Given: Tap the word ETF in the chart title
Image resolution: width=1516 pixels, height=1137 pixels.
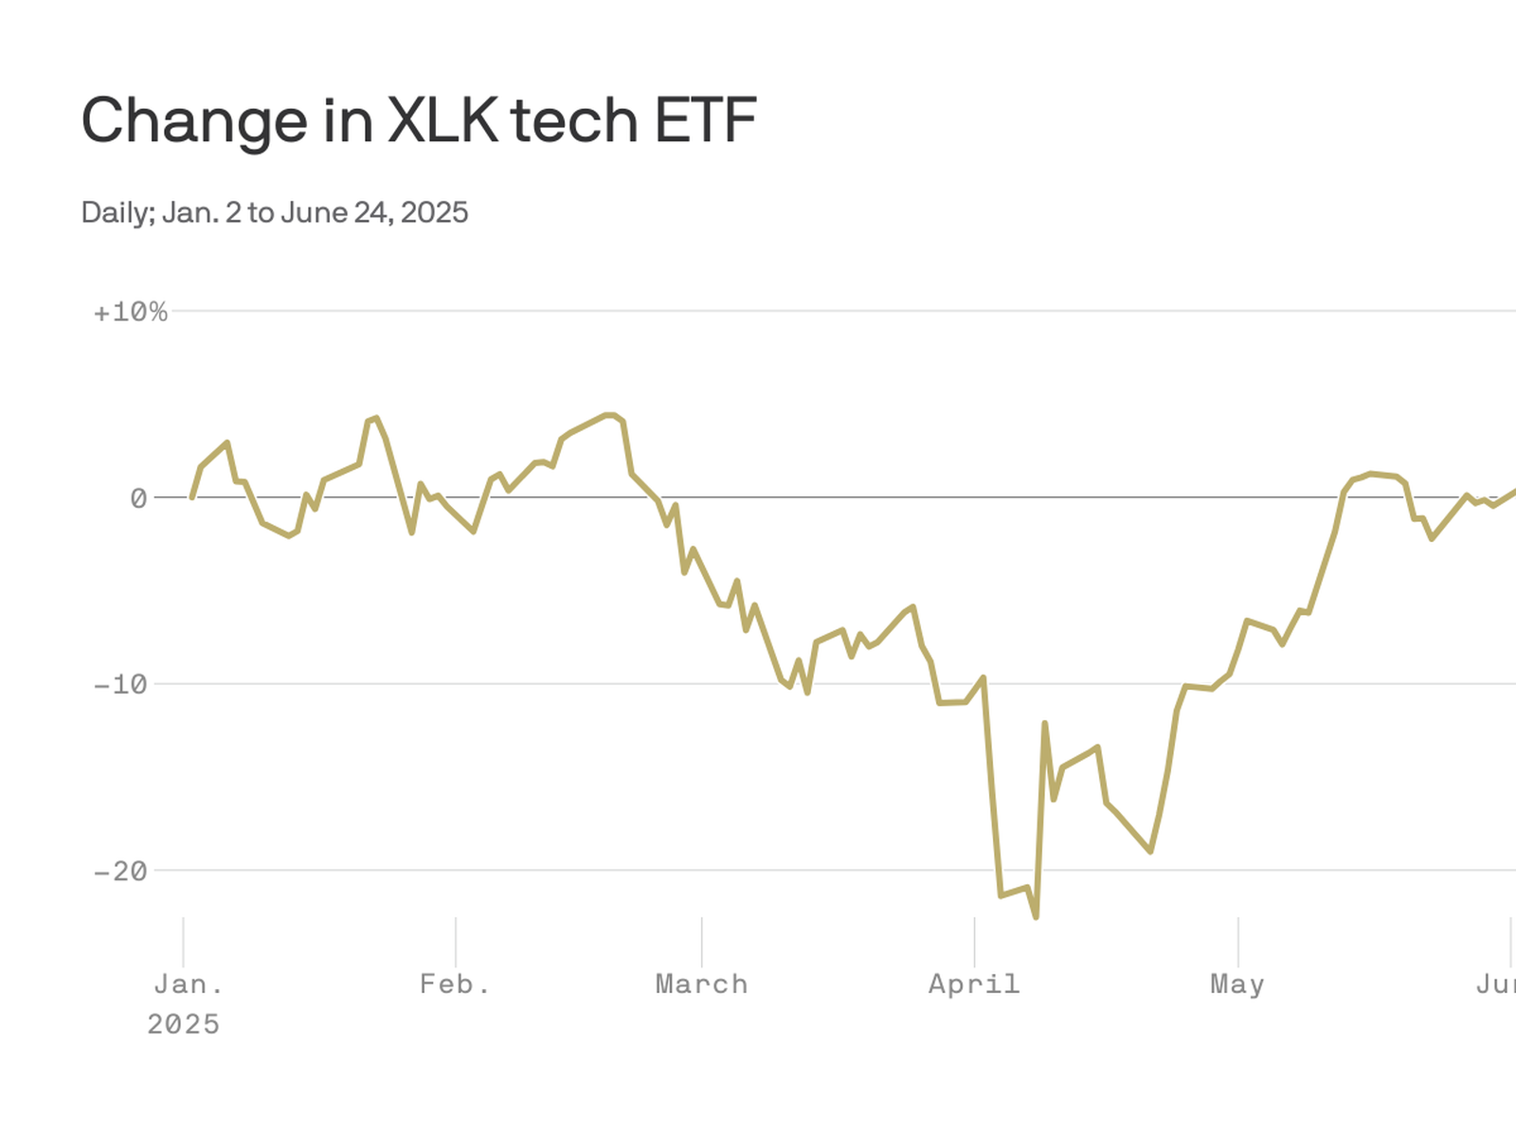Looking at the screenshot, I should coord(705,120).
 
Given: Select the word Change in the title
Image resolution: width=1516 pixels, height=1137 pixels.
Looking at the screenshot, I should coord(194,120).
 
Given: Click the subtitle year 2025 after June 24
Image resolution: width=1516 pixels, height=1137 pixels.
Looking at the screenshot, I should coord(434,212).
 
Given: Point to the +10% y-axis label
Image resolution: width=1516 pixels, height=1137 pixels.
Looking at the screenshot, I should coord(130,313).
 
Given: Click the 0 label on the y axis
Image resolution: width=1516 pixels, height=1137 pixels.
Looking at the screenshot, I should coord(138,498).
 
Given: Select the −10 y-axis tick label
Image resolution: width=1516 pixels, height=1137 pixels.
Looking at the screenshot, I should coord(121,685).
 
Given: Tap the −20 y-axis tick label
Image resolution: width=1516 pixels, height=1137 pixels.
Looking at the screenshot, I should coord(121,872).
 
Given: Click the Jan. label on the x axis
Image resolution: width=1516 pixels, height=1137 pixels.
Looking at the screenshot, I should coord(189,984).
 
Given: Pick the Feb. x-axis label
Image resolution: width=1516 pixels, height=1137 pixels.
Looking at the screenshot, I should coord(455,984).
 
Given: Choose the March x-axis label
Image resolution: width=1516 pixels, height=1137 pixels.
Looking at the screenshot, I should coord(701,984).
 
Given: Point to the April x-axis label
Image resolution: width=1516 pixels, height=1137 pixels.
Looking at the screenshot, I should coord(974,984).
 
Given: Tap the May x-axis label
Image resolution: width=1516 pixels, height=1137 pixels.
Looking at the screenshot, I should coord(1236,984).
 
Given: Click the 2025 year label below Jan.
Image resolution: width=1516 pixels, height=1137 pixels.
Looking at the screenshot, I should coord(183,1024).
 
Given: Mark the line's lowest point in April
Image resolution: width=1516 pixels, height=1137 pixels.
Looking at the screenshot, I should coord(1036,916).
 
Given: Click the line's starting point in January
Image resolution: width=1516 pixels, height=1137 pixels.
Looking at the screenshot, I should coord(192,496).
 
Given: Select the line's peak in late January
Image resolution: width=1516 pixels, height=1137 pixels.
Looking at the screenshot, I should coord(376,418).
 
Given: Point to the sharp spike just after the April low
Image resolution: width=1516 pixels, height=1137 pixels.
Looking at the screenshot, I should coord(1045,724).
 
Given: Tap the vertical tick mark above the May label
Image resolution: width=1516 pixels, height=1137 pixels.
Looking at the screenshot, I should coord(1237,940).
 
